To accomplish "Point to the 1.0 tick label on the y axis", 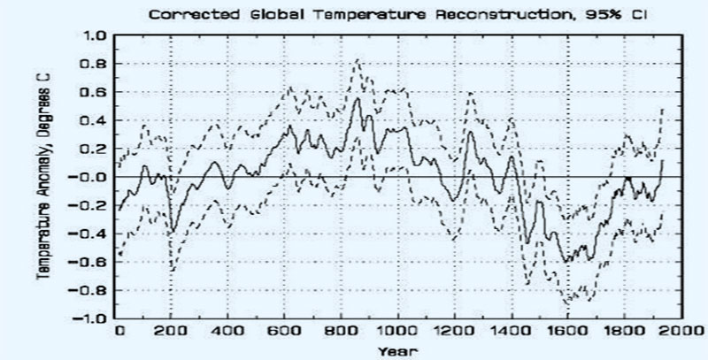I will tap(95, 35).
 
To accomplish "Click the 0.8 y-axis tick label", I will tap(95, 64).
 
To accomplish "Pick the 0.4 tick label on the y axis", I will tap(95, 120).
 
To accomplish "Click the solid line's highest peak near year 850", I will tap(357, 98).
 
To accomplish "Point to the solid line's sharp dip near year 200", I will tap(172, 232).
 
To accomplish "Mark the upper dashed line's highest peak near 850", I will tap(357, 60).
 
